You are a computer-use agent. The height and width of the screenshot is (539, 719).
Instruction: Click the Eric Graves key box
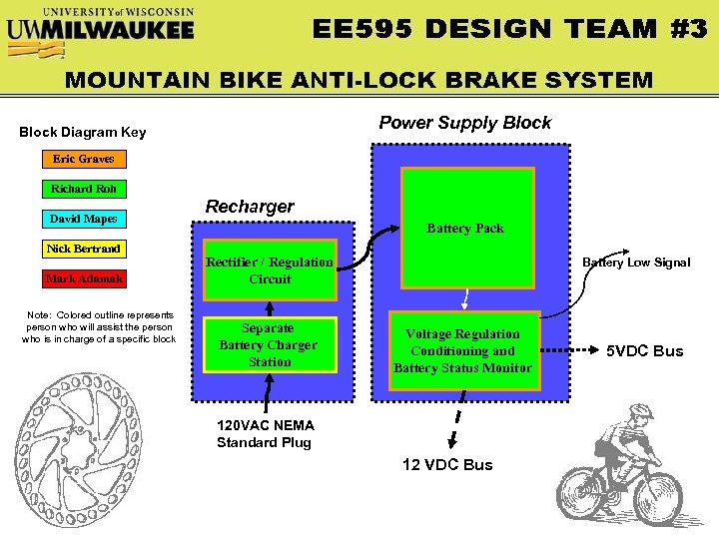(x=84, y=159)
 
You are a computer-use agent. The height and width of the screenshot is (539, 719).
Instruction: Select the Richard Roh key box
(x=84, y=189)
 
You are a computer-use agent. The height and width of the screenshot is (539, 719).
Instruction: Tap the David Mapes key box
(x=84, y=219)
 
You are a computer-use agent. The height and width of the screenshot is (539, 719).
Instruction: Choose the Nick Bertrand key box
(x=84, y=249)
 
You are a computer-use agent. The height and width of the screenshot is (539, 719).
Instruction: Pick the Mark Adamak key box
(x=84, y=278)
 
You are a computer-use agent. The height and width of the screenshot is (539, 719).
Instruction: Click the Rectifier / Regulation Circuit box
(x=270, y=269)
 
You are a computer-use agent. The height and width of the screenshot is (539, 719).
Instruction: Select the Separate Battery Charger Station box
(x=270, y=344)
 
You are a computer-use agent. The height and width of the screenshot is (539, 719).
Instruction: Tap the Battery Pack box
(x=467, y=227)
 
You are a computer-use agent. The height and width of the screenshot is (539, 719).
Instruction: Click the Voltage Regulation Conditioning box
(x=462, y=350)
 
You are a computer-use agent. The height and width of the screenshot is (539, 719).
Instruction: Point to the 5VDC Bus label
(x=645, y=351)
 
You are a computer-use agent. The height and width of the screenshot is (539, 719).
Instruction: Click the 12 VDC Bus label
(x=447, y=464)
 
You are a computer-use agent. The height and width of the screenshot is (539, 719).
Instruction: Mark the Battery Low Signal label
(x=636, y=263)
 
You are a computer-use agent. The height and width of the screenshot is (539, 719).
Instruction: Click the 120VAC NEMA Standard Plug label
(x=264, y=434)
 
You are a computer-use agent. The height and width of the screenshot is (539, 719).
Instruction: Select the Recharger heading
(x=250, y=207)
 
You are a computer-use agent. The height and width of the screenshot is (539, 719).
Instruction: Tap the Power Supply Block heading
(x=464, y=123)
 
